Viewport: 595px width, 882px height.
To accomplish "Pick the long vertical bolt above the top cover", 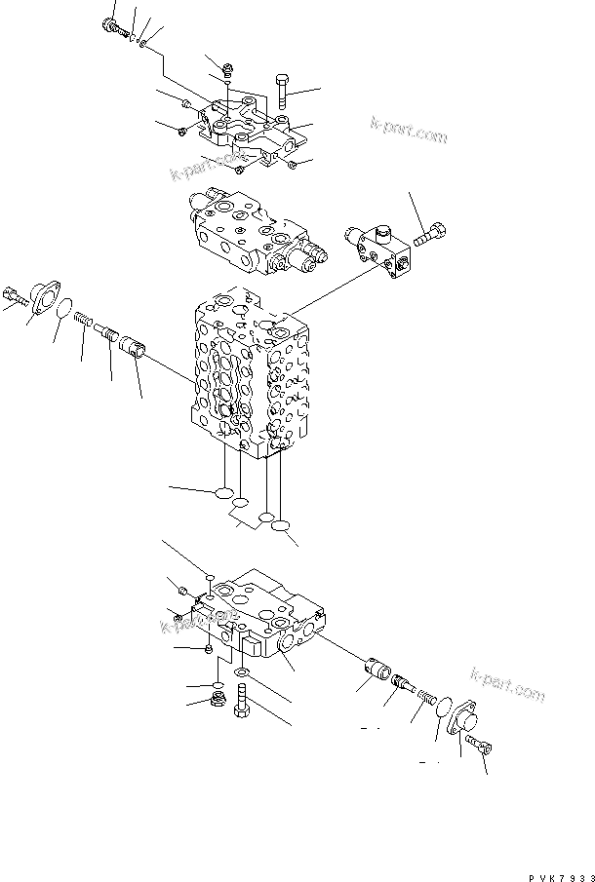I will coord(282,90).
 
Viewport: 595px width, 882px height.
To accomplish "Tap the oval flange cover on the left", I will coord(42,294).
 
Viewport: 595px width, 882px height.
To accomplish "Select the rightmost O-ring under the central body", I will coord(281,527).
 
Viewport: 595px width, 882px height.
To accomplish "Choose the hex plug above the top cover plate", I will coord(226,68).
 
